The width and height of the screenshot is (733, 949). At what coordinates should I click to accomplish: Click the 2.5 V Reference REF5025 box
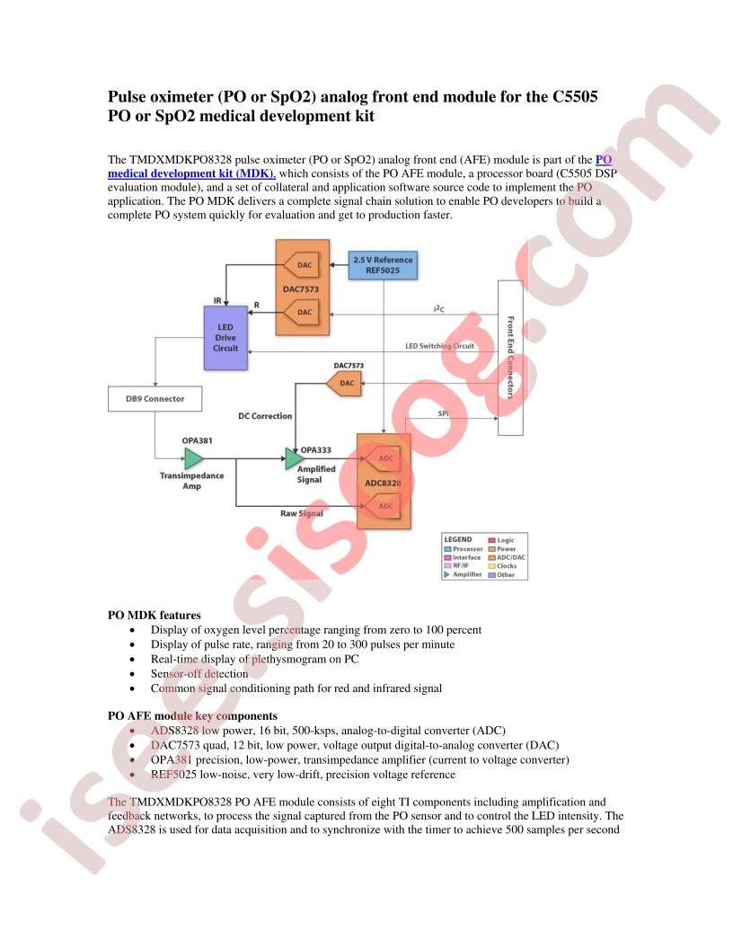(383, 265)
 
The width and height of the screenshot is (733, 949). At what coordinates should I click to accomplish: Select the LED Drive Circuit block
(225, 338)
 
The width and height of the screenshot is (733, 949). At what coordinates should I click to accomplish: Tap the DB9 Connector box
(155, 399)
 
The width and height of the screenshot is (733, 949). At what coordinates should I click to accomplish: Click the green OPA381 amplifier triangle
(193, 458)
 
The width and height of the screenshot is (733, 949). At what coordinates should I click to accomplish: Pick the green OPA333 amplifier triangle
(294, 458)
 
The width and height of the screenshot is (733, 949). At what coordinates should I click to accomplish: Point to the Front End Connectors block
(510, 358)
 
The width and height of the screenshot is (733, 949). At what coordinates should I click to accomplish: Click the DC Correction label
(265, 416)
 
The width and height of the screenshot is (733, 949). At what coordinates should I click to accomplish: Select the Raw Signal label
(301, 513)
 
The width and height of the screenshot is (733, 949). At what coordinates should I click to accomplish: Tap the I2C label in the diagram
(439, 308)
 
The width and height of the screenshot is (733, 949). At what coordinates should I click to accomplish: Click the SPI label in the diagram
(444, 413)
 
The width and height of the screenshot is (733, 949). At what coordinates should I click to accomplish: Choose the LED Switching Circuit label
(439, 346)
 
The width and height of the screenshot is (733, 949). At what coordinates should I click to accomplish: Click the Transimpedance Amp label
(191, 481)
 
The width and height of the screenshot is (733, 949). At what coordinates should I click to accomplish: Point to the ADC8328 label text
(383, 483)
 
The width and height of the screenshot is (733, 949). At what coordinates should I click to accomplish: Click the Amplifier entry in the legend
(464, 574)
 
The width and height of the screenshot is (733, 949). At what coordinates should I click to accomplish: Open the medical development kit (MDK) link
(191, 173)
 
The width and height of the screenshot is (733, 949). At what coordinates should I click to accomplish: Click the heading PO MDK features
(155, 615)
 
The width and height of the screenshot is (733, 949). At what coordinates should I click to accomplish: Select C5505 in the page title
(575, 97)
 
